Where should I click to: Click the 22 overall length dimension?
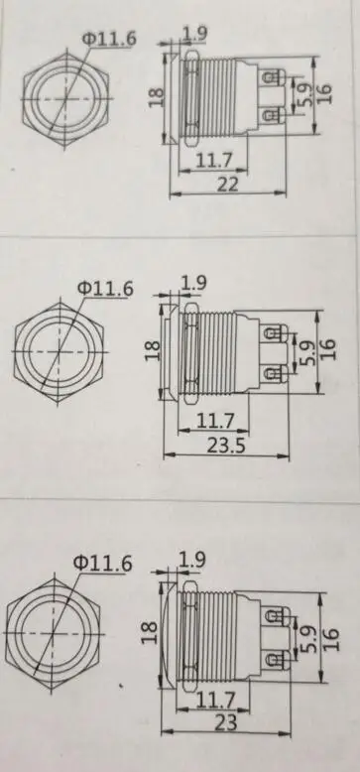coord(227,184)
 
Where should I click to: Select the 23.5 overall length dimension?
coord(225,446)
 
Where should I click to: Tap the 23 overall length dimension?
coord(226,722)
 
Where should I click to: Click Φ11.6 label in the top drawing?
coord(109,40)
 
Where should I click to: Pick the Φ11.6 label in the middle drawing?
coord(106,289)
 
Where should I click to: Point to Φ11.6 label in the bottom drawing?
coord(103,563)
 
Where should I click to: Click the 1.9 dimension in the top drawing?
coord(194,34)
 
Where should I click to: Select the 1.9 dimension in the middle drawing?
coord(193,283)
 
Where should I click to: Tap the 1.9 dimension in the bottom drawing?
coord(191,560)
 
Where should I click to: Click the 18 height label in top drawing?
coord(156,97)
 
